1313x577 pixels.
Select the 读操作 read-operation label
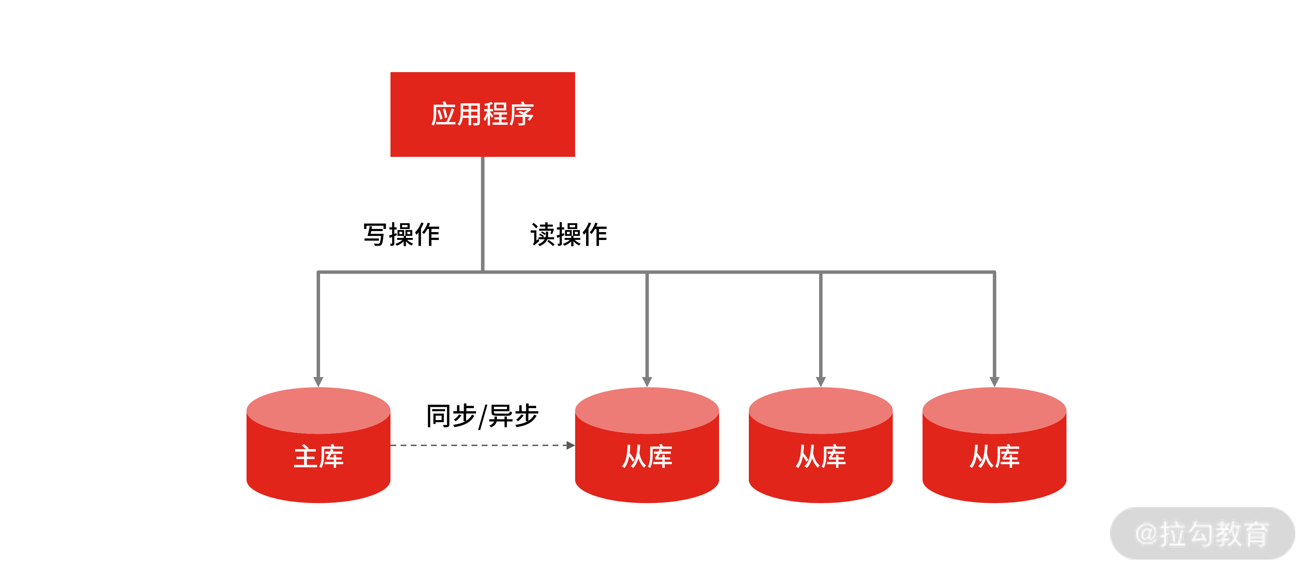569,234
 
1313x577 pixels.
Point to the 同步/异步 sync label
482,415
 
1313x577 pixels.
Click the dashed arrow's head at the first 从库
570,445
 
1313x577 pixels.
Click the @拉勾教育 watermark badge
1202,534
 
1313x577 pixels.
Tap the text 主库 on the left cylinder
319,456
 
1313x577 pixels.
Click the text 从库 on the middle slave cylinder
821,456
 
